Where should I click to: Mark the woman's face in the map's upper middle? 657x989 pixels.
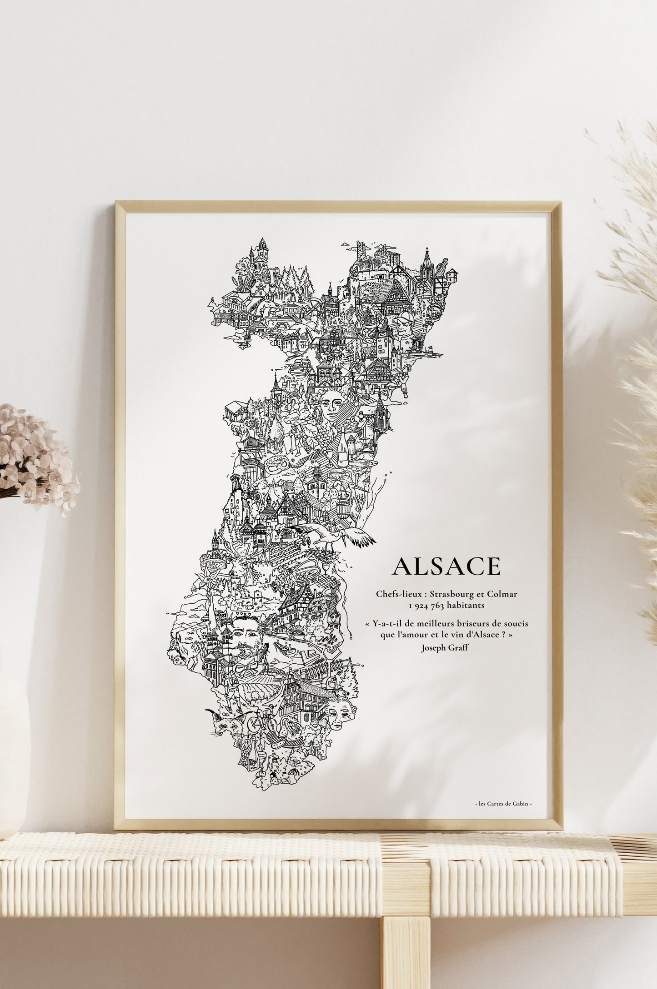(x=331, y=400)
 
